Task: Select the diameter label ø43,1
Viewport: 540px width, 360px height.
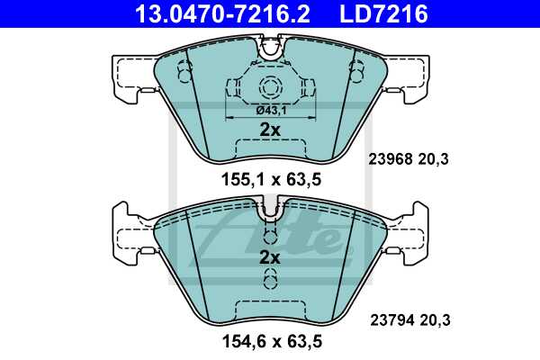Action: [270, 110]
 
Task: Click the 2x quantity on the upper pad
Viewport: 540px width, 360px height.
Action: [270, 130]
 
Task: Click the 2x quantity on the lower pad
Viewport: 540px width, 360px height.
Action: [270, 257]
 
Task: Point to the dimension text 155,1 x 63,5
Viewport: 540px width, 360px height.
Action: [271, 179]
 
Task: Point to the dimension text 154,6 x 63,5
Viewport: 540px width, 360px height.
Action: [271, 340]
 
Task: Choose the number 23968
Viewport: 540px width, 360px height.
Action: [390, 159]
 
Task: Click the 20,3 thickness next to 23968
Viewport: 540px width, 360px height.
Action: [436, 159]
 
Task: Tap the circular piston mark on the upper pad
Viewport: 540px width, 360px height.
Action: [271, 88]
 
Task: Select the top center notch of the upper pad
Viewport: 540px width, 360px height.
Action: [271, 49]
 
